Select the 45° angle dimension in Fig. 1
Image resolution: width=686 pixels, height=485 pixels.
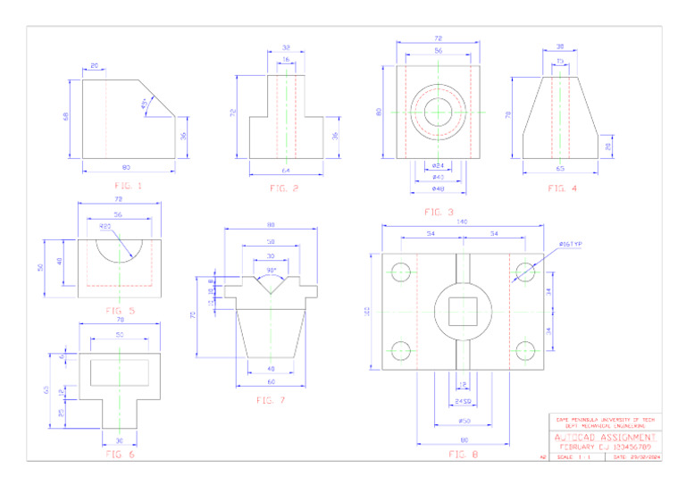[x=146, y=104]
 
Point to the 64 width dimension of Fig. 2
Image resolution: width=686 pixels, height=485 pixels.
[x=286, y=170]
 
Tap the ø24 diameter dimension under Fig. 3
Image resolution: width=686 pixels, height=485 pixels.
[x=438, y=166]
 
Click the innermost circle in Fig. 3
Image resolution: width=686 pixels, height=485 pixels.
[x=438, y=113]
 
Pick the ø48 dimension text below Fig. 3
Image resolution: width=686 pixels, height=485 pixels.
[x=438, y=188]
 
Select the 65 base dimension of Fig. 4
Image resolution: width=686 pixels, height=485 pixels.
[x=560, y=168]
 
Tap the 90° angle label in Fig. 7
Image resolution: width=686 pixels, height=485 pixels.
[x=271, y=270]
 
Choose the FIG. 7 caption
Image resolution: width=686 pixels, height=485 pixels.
[x=270, y=400]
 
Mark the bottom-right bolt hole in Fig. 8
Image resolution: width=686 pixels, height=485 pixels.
[x=526, y=349]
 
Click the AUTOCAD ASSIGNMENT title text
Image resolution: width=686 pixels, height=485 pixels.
[x=606, y=438]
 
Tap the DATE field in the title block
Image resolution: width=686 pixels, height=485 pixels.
[x=633, y=456]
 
